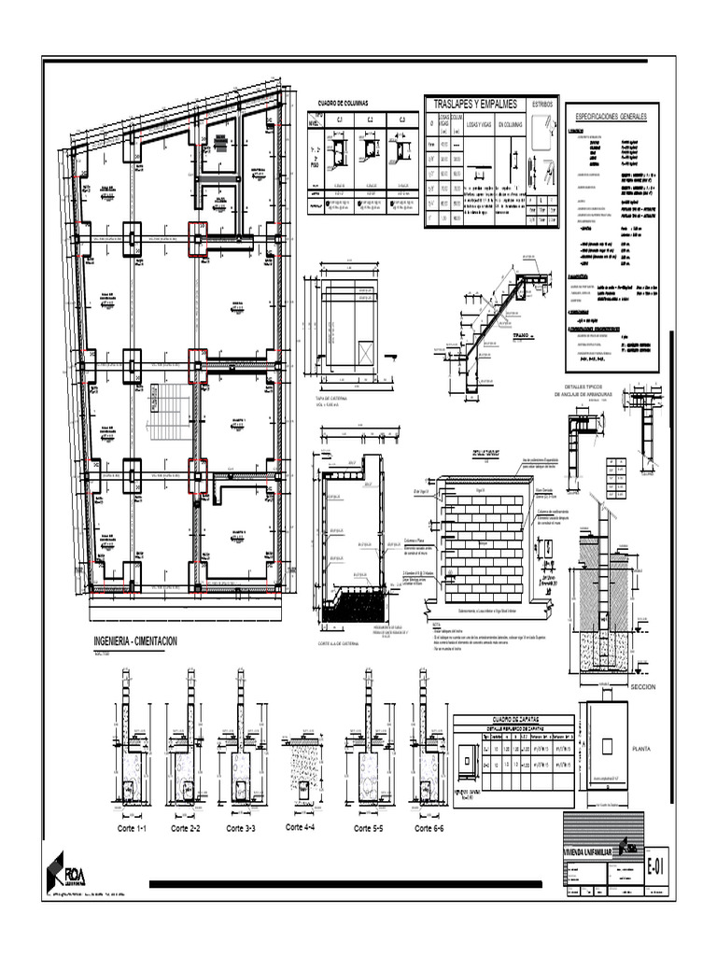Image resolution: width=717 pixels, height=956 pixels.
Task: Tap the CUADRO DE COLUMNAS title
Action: click(343, 103)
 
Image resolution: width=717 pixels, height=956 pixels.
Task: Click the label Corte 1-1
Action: click(132, 828)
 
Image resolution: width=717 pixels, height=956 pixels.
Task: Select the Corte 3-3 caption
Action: click(240, 828)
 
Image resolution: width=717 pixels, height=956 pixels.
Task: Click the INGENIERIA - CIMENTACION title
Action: click(135, 641)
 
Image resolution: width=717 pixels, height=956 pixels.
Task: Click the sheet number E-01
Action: click(657, 867)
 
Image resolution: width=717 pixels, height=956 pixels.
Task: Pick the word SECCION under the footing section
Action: click(644, 686)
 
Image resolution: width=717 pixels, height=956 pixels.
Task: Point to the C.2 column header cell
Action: click(371, 119)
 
